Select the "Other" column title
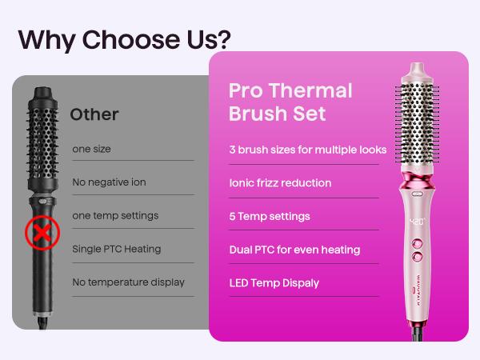(x=94, y=114)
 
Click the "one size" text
(x=91, y=149)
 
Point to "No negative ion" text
(x=109, y=182)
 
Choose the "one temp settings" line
(x=114, y=215)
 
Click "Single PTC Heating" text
(x=116, y=249)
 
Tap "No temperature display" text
(x=128, y=282)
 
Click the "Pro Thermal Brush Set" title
(x=290, y=102)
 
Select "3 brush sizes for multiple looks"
(x=307, y=150)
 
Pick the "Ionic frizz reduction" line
(x=279, y=183)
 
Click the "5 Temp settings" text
(x=269, y=216)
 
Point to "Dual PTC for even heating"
(x=294, y=250)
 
